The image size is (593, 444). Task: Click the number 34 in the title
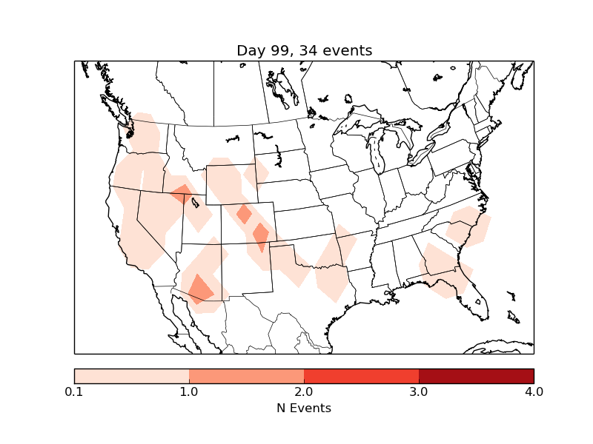(306, 51)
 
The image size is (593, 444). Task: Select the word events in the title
(345, 51)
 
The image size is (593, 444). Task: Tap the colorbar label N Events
(304, 408)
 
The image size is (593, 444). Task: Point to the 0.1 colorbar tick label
(74, 391)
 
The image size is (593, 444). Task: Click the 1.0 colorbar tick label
(189, 391)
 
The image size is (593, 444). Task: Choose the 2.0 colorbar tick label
(304, 391)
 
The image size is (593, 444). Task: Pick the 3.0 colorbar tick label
(419, 391)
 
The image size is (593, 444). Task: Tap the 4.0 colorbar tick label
(534, 391)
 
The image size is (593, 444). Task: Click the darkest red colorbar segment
(476, 376)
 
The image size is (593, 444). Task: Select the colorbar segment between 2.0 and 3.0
(361, 376)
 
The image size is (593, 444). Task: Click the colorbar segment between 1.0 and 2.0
(246, 376)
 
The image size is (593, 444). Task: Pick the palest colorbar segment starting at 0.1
(131, 376)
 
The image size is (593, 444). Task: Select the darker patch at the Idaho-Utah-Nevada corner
(182, 194)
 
